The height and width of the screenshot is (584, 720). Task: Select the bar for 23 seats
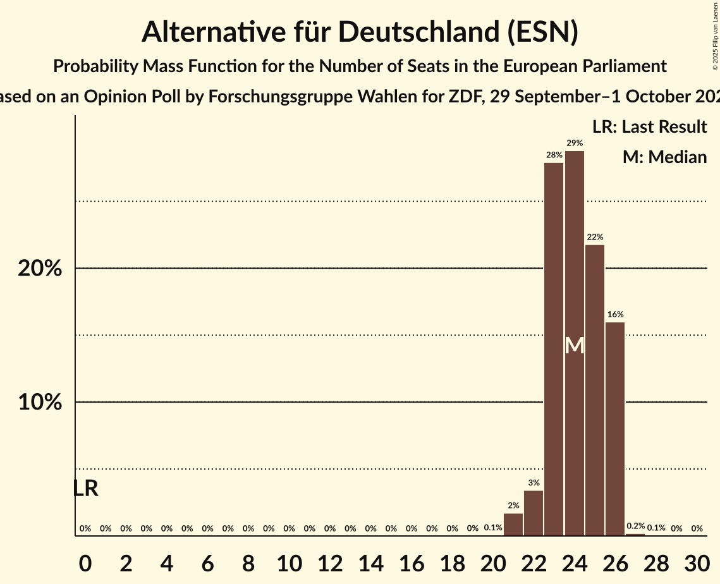(554, 349)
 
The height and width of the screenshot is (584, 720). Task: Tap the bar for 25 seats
(595, 390)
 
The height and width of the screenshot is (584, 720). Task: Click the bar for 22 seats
(534, 513)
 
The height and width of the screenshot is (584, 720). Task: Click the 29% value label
(575, 143)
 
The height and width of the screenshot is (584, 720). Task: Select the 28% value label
(554, 155)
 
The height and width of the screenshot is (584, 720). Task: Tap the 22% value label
(595, 237)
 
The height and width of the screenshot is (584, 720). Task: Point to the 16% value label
(615, 315)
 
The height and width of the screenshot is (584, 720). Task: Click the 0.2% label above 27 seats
(635, 526)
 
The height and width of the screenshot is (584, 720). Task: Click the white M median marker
(575, 346)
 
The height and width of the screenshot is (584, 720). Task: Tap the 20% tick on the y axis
(40, 269)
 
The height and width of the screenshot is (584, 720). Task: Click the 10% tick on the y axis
(40, 403)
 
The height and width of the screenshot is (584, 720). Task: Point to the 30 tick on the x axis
(697, 562)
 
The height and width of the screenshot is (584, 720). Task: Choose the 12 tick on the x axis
(330, 562)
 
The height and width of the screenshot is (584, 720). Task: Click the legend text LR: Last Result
(649, 127)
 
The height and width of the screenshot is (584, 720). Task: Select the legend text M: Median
(664, 157)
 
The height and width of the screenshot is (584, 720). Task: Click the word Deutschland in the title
(417, 32)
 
